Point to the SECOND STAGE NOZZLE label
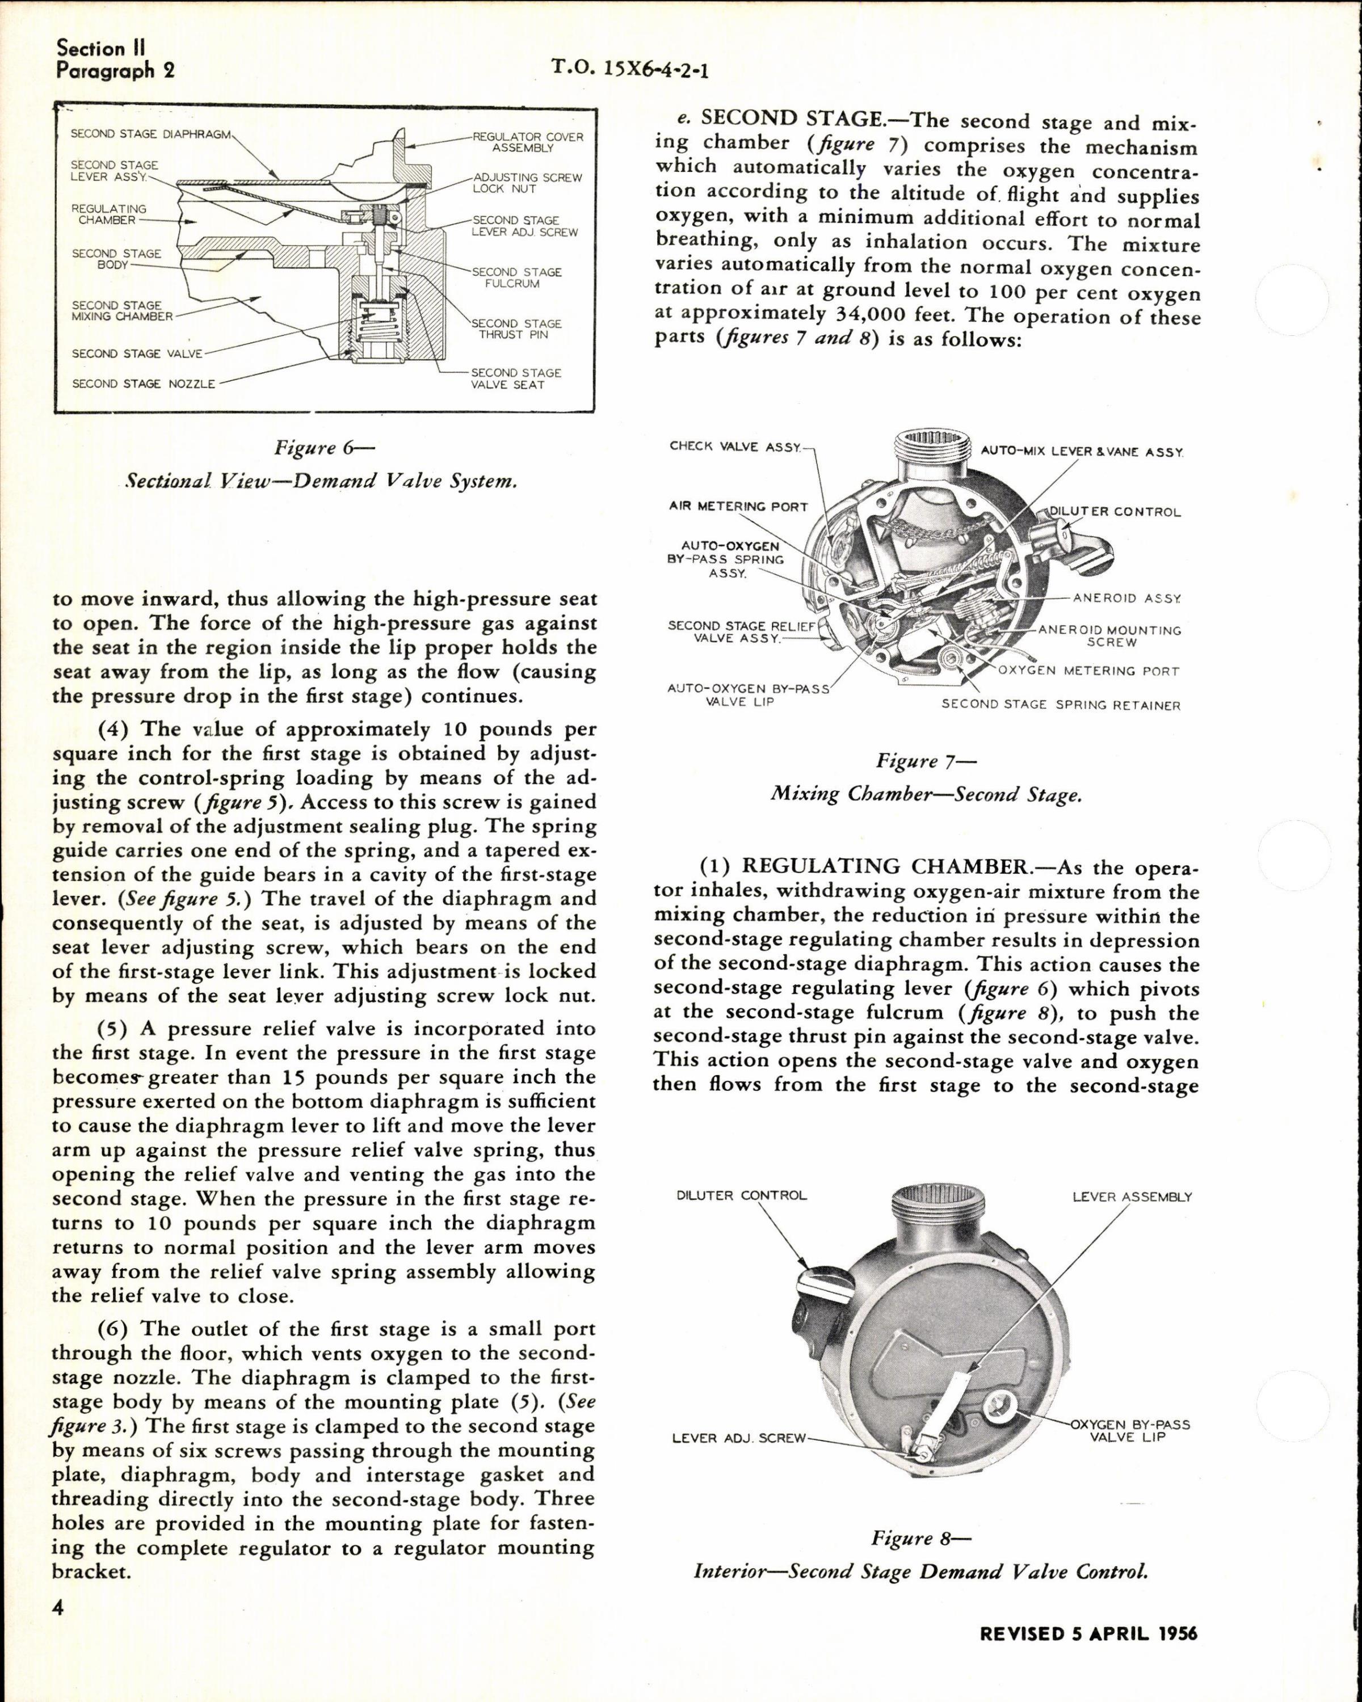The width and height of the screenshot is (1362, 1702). pyautogui.click(x=144, y=384)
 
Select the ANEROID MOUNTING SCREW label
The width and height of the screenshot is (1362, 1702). pyautogui.click(x=1109, y=637)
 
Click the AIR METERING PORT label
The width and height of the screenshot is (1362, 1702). pyautogui.click(x=738, y=507)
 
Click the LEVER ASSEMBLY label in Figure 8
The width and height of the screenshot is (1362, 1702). pyautogui.click(x=1132, y=1197)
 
